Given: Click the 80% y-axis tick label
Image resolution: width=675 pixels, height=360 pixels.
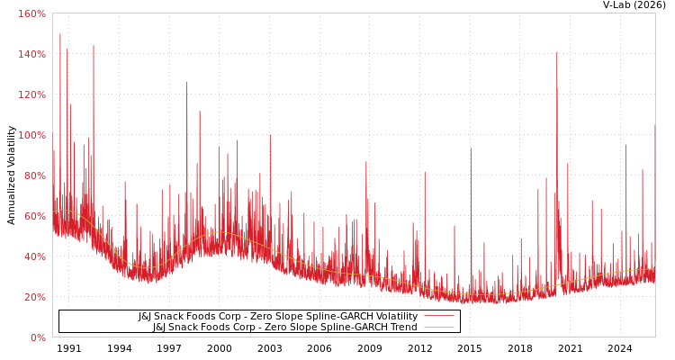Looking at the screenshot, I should point(33,175).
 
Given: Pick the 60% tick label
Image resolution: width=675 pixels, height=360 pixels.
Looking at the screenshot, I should point(33,216).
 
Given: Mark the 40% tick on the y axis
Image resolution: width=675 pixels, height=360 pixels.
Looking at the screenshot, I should point(33,256).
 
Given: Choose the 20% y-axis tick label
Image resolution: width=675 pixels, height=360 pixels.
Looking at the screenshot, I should point(33,297).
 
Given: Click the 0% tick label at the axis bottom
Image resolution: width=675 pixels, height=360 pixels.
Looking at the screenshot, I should point(37,337).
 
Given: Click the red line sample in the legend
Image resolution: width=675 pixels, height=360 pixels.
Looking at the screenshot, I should point(438,316).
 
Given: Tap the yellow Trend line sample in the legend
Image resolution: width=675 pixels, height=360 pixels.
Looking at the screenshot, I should point(438,327).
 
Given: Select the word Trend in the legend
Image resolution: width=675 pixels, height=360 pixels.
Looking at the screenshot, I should point(402,327).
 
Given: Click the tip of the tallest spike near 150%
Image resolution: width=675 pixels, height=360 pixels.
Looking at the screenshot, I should point(60,34).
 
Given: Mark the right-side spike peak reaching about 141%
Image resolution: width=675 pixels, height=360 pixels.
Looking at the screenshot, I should point(556,52).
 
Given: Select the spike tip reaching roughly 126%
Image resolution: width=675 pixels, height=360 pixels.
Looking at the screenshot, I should point(186,82).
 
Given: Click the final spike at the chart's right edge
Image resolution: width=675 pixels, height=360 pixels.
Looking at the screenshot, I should point(654,125).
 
